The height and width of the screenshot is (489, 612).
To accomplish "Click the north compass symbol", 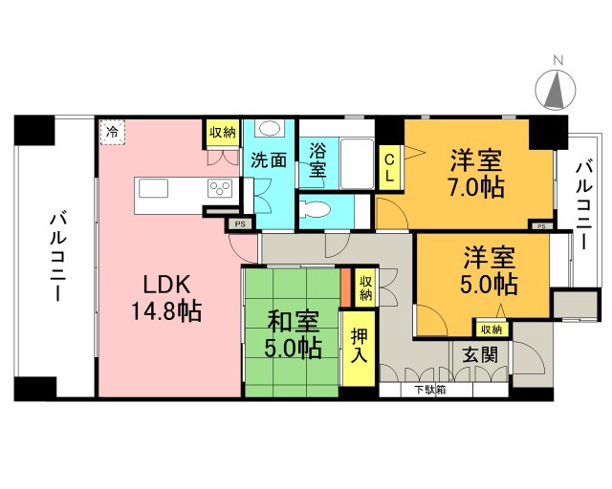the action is (x=555, y=89).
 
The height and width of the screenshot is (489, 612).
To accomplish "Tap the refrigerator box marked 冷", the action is (x=112, y=132).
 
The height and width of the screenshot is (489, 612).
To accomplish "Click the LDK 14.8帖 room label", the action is (x=166, y=298).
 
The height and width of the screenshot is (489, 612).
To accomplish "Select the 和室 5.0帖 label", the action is (x=293, y=333).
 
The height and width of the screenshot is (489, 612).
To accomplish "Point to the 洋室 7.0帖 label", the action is (x=476, y=173).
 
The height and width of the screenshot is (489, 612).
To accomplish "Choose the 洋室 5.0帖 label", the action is (x=490, y=270).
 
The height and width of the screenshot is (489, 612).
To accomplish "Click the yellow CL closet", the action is (x=389, y=168).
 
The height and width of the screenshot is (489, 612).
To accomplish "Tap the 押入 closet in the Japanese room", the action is (x=359, y=347).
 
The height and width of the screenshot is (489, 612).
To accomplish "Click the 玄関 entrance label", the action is (x=480, y=355).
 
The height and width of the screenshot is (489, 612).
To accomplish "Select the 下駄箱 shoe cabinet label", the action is (x=430, y=390).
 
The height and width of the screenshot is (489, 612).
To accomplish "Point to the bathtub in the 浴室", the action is (x=357, y=164).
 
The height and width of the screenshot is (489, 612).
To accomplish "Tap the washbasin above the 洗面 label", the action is (x=270, y=128).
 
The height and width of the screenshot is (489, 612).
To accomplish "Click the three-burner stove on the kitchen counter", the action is (x=220, y=188).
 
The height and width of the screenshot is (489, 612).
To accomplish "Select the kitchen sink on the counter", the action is (x=153, y=188).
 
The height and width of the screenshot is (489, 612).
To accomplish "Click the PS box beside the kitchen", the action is (x=240, y=223).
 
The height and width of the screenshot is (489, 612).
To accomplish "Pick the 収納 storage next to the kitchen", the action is (x=223, y=133).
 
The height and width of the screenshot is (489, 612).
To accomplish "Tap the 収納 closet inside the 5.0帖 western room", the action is (x=491, y=330).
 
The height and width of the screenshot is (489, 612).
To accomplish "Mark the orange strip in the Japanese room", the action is (x=345, y=287).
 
